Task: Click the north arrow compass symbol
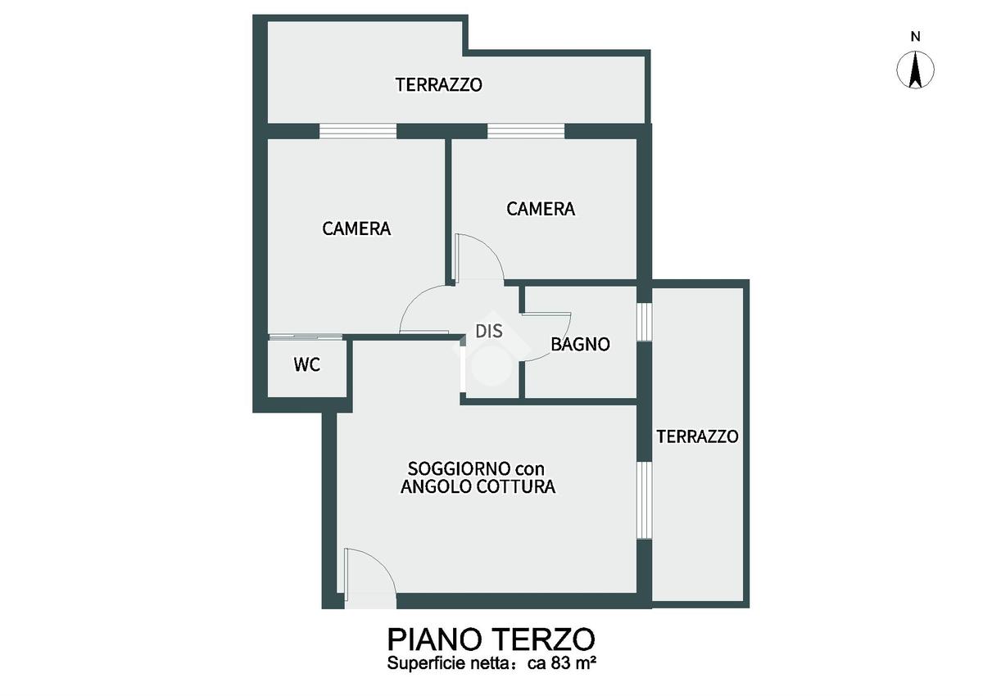915,70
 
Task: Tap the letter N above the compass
915,37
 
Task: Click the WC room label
306,365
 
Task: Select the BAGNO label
580,345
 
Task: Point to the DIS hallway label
489,332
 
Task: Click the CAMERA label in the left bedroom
356,228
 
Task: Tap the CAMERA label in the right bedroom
541,209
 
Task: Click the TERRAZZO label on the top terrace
439,84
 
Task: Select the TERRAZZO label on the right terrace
697,436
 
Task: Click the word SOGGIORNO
452,469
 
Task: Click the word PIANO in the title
436,640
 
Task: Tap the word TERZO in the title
545,640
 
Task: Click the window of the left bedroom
358,131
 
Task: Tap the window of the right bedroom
526,131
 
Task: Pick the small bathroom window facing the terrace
644,322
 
